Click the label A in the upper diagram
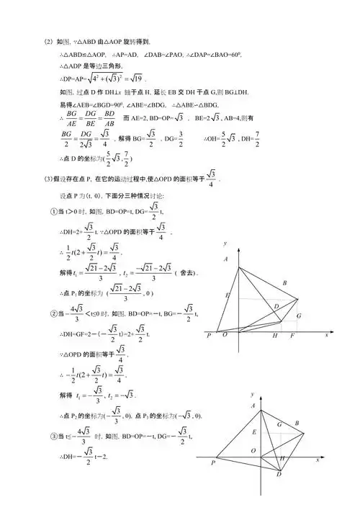coord(225,259)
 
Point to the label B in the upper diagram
coord(285,283)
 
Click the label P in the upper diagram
coord(207,336)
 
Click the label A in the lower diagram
coord(252,408)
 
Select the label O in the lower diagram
coord(253,449)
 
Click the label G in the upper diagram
coord(298,316)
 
